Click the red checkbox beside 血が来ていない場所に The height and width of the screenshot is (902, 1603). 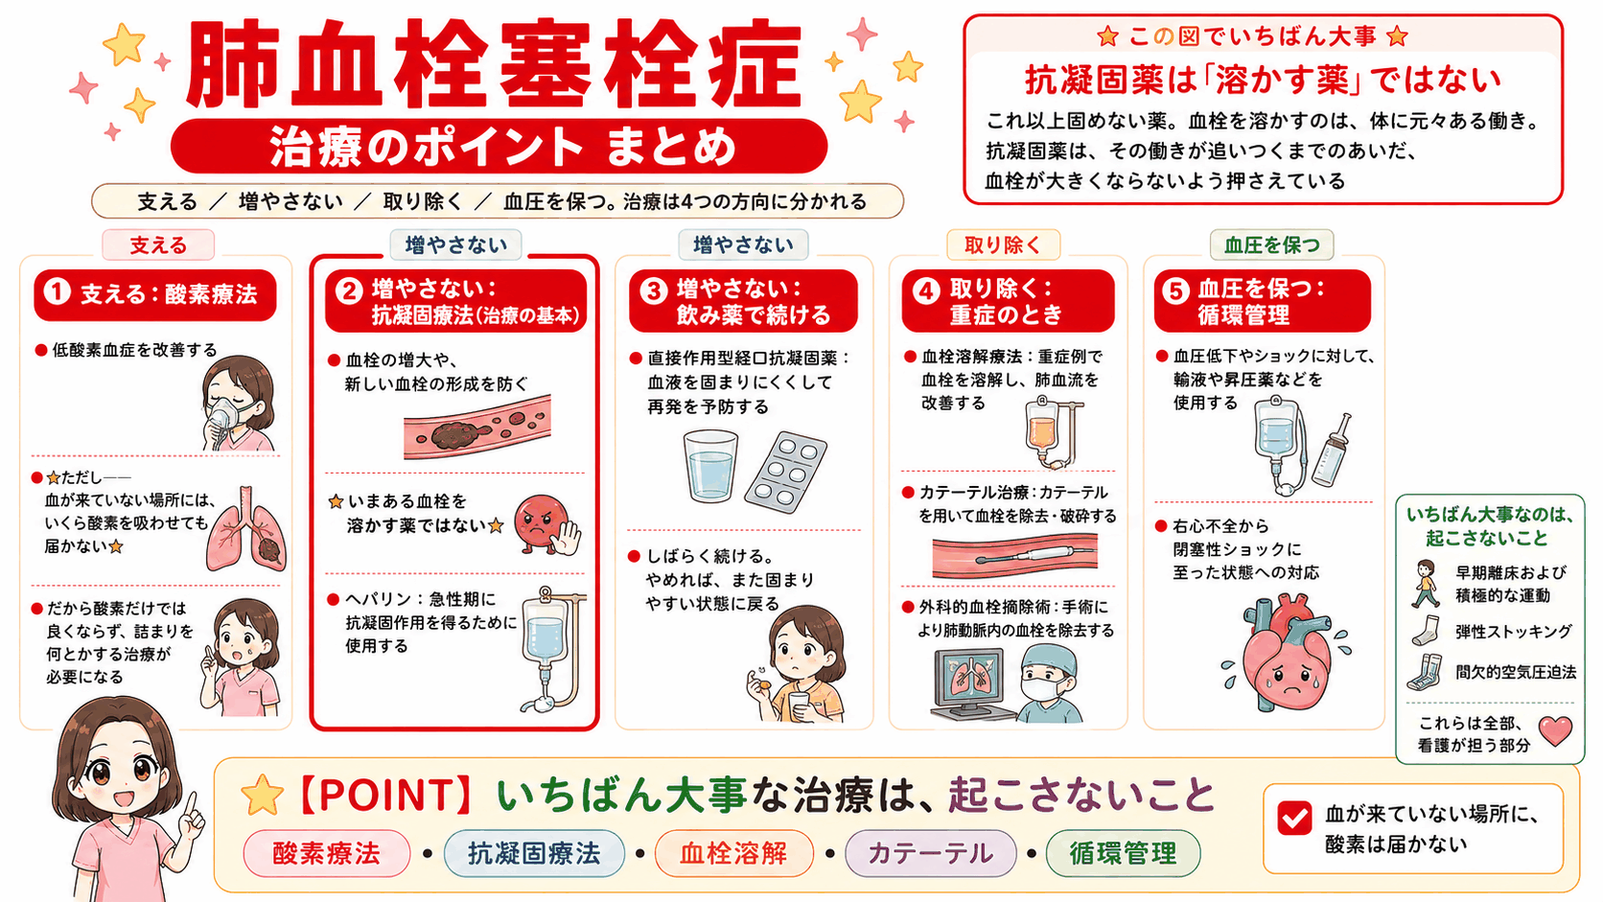(1294, 819)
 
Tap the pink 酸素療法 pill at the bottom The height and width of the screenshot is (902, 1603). (326, 853)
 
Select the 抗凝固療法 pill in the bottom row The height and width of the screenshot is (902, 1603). (534, 853)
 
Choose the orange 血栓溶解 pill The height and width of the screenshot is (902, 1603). (733, 853)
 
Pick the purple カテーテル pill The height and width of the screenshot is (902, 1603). (930, 853)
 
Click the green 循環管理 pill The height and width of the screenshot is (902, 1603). (1123, 853)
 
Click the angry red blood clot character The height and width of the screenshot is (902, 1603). (546, 525)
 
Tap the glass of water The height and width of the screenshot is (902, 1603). (709, 466)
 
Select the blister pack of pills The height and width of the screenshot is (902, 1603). (785, 473)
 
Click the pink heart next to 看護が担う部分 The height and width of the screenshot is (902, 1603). (1555, 730)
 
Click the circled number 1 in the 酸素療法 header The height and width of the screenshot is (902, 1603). (58, 292)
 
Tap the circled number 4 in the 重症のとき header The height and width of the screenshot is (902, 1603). (926, 291)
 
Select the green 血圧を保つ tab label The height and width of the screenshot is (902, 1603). (1271, 245)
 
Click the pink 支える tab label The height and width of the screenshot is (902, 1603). (158, 245)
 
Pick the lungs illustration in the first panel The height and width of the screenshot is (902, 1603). (246, 529)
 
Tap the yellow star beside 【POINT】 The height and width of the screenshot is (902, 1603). (262, 796)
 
